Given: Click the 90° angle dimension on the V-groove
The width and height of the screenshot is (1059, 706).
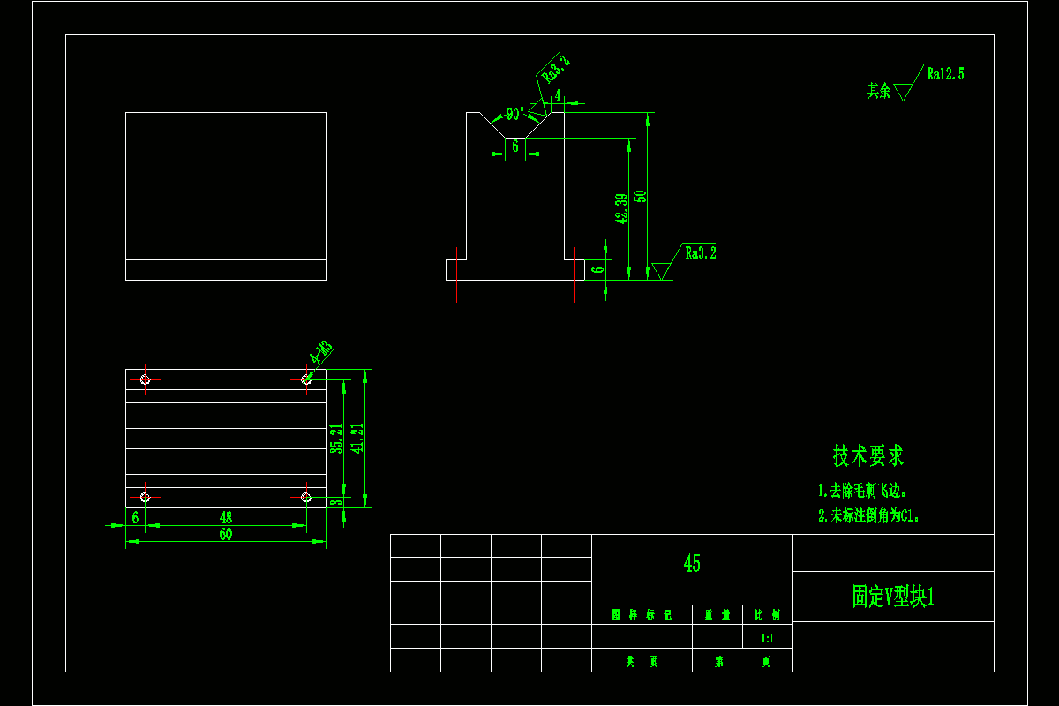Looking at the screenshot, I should click(x=514, y=114).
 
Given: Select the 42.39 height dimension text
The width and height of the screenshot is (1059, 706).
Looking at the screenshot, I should click(x=622, y=208).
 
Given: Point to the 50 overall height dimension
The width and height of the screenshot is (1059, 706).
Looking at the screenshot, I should click(x=642, y=196).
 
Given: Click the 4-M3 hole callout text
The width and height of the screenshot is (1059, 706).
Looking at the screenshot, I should click(x=320, y=353).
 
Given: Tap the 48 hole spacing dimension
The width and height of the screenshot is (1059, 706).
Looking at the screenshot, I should click(x=226, y=517).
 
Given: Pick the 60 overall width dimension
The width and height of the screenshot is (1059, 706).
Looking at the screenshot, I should click(x=226, y=534).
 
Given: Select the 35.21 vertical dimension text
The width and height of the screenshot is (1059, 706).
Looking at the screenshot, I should click(x=336, y=439).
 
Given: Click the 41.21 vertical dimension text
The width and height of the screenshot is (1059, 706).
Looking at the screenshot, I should click(x=357, y=439).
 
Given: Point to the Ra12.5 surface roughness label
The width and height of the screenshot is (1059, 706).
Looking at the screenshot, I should click(x=945, y=74).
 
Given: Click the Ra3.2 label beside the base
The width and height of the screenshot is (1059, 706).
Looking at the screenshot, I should click(x=701, y=253).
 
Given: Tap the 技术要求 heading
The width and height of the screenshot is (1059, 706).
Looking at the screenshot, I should click(x=868, y=455).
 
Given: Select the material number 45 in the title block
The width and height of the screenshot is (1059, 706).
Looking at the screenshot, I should click(x=692, y=563).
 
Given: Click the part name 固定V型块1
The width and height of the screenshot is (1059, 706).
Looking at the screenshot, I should click(x=893, y=597).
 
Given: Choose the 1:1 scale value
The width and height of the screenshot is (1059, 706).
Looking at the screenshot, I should click(x=767, y=638).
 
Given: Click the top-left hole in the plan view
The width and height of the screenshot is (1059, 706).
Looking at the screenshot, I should click(x=146, y=379).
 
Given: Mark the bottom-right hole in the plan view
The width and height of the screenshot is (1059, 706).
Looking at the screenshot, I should click(x=306, y=498).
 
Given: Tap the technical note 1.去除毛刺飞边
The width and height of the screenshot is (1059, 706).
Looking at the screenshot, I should click(x=862, y=491).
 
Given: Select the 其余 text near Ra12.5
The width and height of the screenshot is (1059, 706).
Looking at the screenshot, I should click(x=879, y=90).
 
